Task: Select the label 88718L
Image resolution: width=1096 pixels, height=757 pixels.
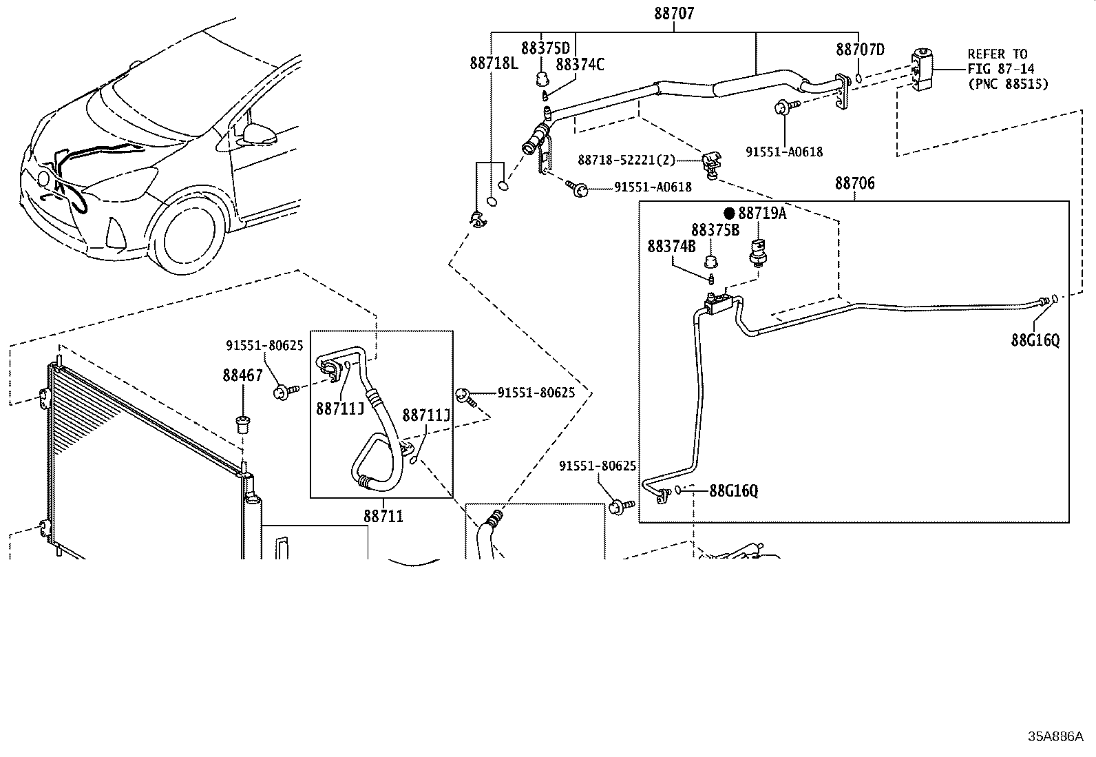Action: coord(493,63)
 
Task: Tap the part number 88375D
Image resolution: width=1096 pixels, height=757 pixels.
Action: coord(545,48)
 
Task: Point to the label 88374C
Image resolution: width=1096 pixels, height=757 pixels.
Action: coord(579,65)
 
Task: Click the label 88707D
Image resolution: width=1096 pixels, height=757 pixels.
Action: coord(860,49)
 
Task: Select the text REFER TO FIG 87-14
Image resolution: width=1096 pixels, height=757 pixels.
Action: coord(1000,61)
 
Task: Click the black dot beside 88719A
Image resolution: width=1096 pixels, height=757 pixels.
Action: coord(729,214)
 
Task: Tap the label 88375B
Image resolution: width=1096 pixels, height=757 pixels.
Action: coord(715,230)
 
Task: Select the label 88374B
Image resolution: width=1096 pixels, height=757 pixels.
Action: coord(671,247)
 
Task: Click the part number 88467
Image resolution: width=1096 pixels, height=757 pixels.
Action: coord(242,375)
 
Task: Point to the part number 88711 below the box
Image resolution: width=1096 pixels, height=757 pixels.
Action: coord(383,516)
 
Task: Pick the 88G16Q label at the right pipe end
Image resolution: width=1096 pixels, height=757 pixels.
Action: coord(1035,340)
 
